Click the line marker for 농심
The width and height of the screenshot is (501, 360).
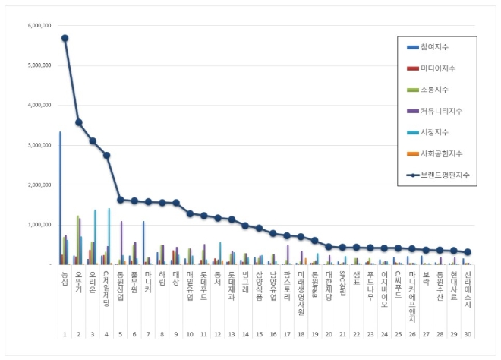point(65,38)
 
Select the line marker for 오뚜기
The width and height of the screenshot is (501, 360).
point(78,122)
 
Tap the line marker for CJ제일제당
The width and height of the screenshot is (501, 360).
point(106,155)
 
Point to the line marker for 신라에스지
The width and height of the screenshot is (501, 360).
point(468,252)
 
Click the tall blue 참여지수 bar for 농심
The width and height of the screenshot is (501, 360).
point(60,197)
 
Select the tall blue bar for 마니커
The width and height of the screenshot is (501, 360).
point(143,242)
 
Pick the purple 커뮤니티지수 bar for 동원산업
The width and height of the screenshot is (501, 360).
point(121,242)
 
